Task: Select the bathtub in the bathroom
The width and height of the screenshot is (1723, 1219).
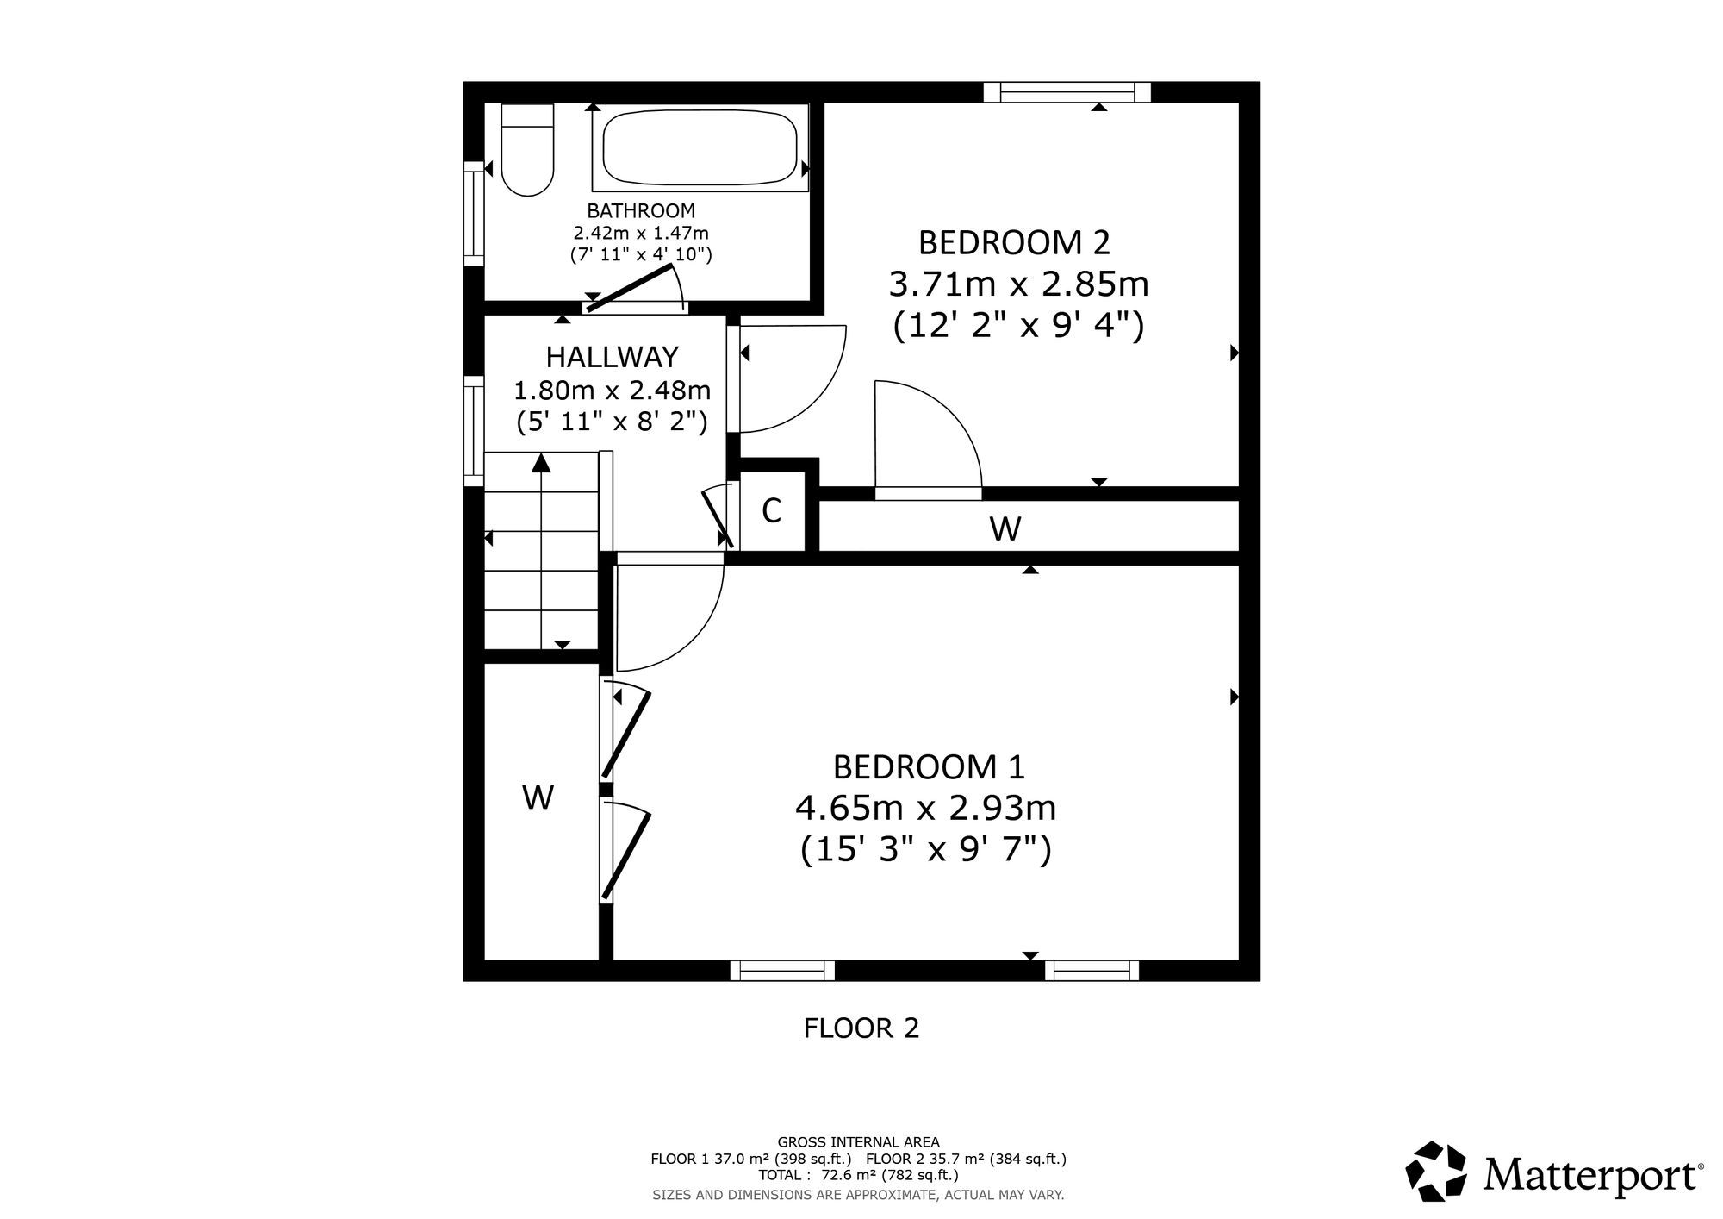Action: [700, 147]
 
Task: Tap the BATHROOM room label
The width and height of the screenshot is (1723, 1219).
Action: [641, 210]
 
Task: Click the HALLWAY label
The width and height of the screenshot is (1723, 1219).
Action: [613, 356]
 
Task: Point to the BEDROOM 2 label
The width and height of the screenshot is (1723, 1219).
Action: [1014, 242]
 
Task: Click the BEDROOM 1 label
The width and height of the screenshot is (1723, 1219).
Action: [929, 766]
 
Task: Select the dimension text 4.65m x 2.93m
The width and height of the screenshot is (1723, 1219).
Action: [925, 809]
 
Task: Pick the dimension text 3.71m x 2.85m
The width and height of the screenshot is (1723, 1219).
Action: [1018, 284]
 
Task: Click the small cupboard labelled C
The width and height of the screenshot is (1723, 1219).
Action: [772, 511]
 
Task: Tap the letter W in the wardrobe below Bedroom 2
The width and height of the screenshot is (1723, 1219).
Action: [1005, 528]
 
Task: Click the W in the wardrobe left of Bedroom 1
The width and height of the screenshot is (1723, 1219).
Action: [538, 798]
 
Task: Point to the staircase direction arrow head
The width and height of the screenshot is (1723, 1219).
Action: [541, 462]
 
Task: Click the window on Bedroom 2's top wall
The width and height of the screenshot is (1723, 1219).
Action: [1067, 92]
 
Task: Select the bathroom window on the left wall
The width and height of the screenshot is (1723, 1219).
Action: [474, 214]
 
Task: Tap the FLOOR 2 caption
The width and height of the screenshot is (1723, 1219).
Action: [861, 1028]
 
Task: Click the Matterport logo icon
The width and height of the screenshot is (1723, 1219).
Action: [1436, 1172]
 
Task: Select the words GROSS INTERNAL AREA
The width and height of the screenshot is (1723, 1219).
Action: [859, 1142]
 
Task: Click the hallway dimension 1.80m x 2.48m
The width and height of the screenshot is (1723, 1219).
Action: [613, 391]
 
